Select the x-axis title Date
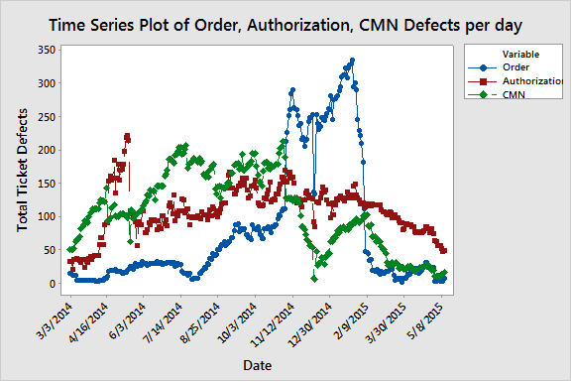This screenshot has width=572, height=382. [x=257, y=365]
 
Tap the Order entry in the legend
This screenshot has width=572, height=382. [x=517, y=66]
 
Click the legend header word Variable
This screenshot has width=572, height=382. [x=520, y=53]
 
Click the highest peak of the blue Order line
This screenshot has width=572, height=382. [x=352, y=61]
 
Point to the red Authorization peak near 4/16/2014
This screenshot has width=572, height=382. [x=127, y=137]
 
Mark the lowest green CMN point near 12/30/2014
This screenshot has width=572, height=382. [x=314, y=279]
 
